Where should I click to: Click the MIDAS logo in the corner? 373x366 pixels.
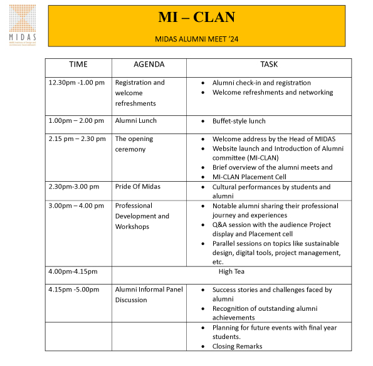click(23, 25)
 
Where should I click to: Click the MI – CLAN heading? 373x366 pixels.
click(197, 17)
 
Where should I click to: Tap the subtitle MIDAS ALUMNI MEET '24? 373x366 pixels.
click(197, 39)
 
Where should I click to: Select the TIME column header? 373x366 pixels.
click(78, 65)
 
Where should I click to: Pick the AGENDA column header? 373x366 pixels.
click(149, 65)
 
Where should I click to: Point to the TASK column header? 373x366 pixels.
click(269, 65)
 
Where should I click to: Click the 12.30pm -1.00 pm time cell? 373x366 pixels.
click(76, 83)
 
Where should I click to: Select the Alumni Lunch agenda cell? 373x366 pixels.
click(136, 121)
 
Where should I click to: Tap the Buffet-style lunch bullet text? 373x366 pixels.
click(239, 121)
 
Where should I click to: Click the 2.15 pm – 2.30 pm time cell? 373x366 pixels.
click(77, 139)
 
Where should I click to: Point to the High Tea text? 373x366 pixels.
click(231, 271)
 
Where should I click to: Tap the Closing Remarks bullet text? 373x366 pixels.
click(237, 346)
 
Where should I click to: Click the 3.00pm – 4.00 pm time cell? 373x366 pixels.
click(77, 206)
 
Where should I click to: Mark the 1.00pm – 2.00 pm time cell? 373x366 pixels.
click(77, 121)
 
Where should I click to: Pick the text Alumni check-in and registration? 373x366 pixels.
click(261, 83)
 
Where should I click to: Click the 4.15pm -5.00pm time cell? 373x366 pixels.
click(74, 290)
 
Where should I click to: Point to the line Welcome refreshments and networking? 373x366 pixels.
click(273, 93)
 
